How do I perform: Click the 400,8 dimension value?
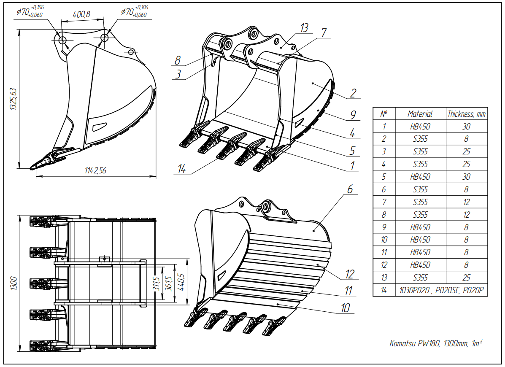pyautogui.click(x=81, y=14)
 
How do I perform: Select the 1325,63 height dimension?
pyautogui.click(x=13, y=99)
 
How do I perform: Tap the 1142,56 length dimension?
pyautogui.click(x=96, y=171)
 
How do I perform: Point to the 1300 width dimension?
pyautogui.click(x=13, y=283)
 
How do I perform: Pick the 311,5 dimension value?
pyautogui.click(x=157, y=283)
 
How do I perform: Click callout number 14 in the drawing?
pyautogui.click(x=181, y=169)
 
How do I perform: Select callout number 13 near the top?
pyautogui.click(x=305, y=28)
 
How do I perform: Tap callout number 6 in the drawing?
pyautogui.click(x=350, y=189)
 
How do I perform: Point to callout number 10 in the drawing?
pyautogui.click(x=346, y=308)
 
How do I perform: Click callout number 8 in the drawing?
pyautogui.click(x=178, y=60)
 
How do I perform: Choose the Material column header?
pyautogui.click(x=420, y=113)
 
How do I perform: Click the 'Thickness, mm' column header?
pyautogui.click(x=467, y=113)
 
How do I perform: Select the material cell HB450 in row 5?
pyautogui.click(x=420, y=177)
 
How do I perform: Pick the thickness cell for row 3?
pyautogui.click(x=467, y=151)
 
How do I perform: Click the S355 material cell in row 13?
pyautogui.click(x=420, y=278)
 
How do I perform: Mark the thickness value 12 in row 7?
pyautogui.click(x=467, y=202)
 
